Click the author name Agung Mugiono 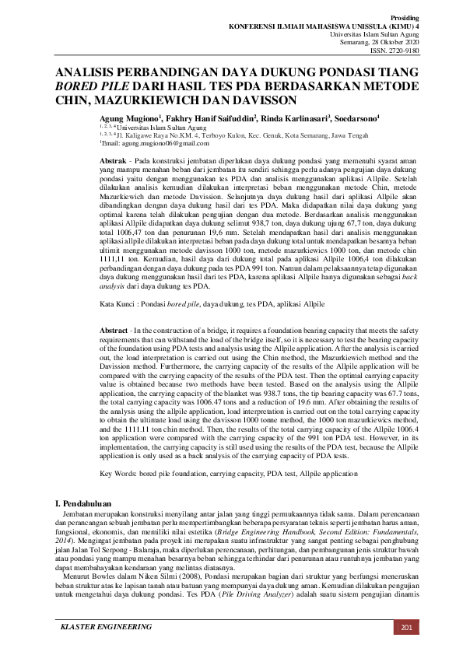pos(128,117)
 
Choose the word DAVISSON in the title pos(257,100)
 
